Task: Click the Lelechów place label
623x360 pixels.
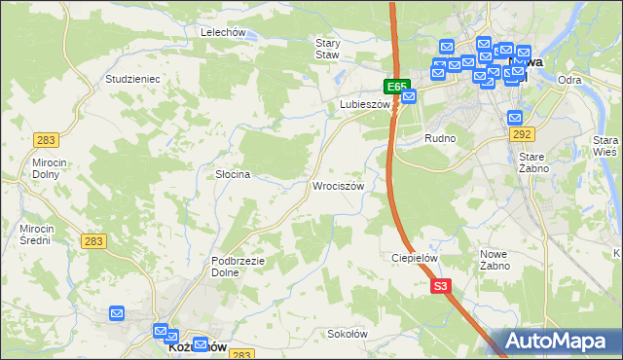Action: (x=222, y=32)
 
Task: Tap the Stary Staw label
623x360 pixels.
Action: (x=327, y=49)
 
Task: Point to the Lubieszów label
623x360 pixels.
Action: (x=364, y=103)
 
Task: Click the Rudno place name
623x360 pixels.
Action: (x=440, y=138)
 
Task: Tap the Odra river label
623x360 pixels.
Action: (x=570, y=80)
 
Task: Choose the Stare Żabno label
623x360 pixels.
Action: (x=533, y=162)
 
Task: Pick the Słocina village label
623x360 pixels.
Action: (x=233, y=174)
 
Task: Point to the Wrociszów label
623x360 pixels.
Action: (x=338, y=185)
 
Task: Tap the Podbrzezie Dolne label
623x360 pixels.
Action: (x=238, y=266)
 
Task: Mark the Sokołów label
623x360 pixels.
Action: (x=348, y=333)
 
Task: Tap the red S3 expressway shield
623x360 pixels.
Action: (x=441, y=286)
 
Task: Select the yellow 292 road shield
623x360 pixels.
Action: (x=522, y=134)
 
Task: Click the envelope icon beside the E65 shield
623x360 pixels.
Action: (x=409, y=95)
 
